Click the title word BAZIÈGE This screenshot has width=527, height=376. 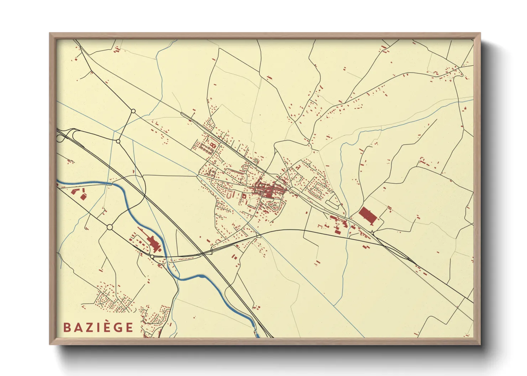tap(98, 327)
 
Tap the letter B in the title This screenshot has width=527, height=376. tap(66, 327)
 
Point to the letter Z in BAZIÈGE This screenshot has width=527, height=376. tap(87, 327)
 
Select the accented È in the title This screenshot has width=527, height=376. tap(106, 327)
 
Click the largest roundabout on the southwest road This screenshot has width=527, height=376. tap(110, 227)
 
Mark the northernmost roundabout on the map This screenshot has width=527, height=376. tap(133, 111)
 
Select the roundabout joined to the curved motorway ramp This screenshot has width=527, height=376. tap(118, 141)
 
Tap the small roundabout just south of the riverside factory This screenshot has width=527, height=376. tap(152, 256)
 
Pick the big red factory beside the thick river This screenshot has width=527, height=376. tap(153, 244)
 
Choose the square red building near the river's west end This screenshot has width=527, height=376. tap(83, 197)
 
